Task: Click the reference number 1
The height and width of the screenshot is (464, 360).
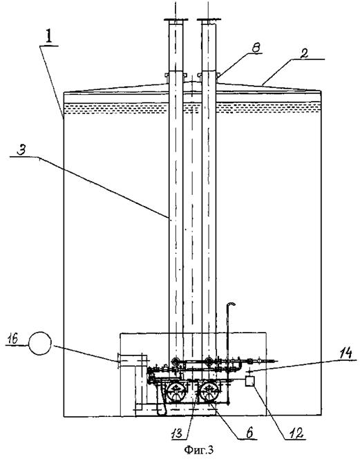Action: tap(49, 37)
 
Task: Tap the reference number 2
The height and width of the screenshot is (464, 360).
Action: tap(305, 53)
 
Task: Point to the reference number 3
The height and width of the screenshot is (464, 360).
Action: tap(21, 150)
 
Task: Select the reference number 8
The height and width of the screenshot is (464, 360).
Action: tap(256, 48)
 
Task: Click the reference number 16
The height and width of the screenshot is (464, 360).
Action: tap(14, 337)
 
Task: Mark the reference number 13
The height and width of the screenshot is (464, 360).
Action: tap(178, 434)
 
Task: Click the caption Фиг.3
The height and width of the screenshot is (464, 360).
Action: tap(198, 449)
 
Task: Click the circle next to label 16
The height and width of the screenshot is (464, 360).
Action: tap(39, 343)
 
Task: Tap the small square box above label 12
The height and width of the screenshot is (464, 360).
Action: tap(250, 380)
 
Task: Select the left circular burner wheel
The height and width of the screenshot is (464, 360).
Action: tap(176, 391)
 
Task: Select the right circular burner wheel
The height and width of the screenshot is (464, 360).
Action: tap(209, 391)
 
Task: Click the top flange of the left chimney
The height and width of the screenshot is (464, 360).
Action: tap(176, 20)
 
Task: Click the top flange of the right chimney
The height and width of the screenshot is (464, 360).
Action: tap(209, 20)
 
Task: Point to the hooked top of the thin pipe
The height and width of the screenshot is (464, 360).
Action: tap(231, 304)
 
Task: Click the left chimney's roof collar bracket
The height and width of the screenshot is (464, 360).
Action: tap(167, 76)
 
